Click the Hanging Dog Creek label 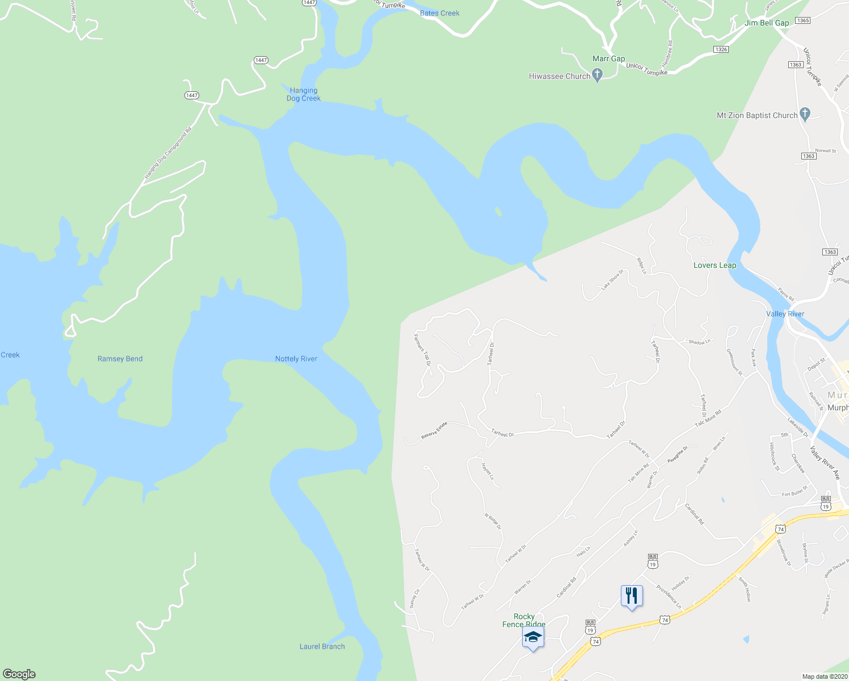pos(304,94)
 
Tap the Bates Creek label pos(439,13)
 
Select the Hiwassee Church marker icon pos(597,75)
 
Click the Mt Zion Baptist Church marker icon pos(805,114)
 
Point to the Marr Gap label pos(608,58)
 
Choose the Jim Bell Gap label pos(767,23)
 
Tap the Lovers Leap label pos(714,265)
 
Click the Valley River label pos(785,314)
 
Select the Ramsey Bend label pos(120,359)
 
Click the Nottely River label pos(296,359)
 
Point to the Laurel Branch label pos(322,646)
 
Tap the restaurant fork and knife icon pos(632,596)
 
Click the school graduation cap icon pos(533,637)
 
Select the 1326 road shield pos(721,49)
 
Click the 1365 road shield pos(802,20)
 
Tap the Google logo pos(19,674)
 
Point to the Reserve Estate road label pos(434,431)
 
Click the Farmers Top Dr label pos(423,350)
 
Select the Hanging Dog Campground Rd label pos(168,153)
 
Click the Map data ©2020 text pos(824,676)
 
